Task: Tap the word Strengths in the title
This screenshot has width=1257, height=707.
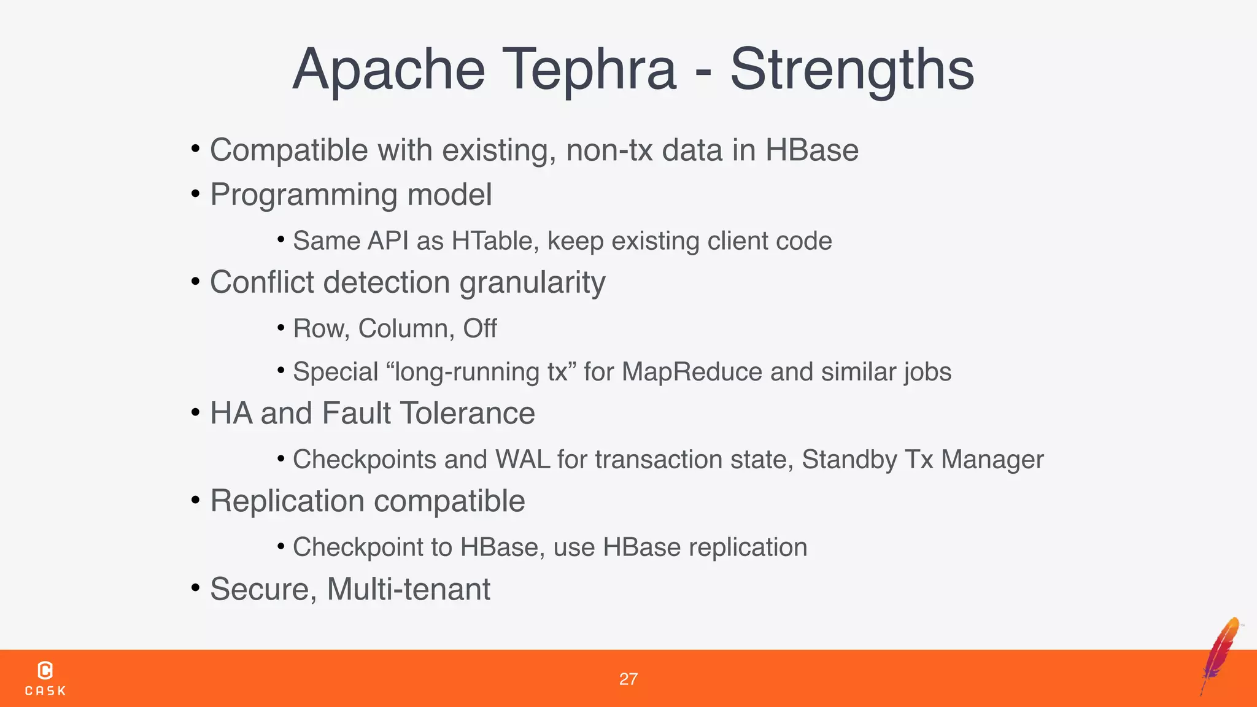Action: [x=852, y=70]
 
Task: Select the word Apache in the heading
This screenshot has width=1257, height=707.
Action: [x=389, y=70]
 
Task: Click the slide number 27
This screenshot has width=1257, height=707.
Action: [x=628, y=679]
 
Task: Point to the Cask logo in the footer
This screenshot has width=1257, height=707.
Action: [x=45, y=678]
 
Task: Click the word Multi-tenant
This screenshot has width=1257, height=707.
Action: [x=409, y=589]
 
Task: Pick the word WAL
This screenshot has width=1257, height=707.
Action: [x=522, y=460]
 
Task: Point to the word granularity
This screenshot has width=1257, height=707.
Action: [x=532, y=283]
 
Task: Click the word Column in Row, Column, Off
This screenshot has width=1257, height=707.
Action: [x=406, y=329]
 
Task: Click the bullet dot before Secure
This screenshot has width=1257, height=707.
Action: [x=196, y=588]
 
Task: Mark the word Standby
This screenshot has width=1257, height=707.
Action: [x=849, y=460]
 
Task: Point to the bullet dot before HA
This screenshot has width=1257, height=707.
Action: [x=196, y=412]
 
